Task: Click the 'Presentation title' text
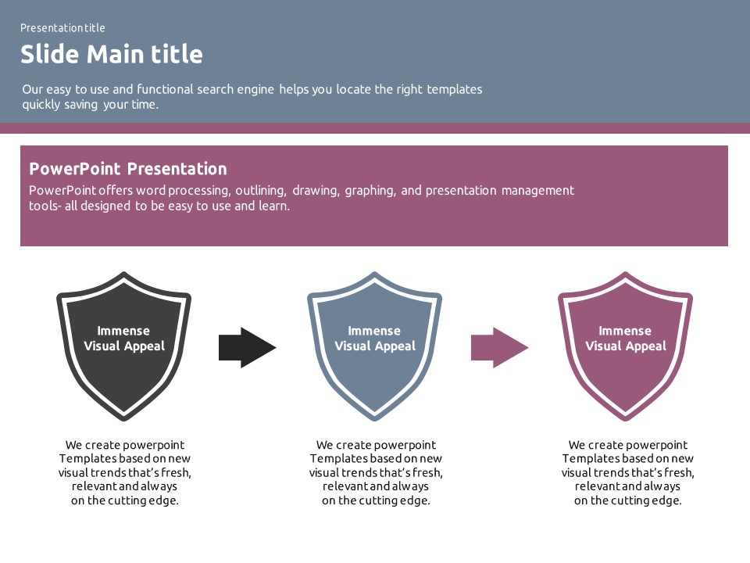[62, 28]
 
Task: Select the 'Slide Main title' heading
[111, 54]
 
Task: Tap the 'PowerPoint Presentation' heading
[127, 169]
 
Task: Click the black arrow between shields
[247, 348]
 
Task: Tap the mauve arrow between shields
[499, 348]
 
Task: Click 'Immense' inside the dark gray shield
[123, 331]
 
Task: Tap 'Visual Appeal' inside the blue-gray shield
[375, 346]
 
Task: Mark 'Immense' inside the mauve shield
[625, 331]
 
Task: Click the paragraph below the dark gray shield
[125, 473]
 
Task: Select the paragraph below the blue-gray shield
[376, 473]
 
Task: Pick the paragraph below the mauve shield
[628, 473]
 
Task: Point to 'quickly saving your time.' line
[90, 104]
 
